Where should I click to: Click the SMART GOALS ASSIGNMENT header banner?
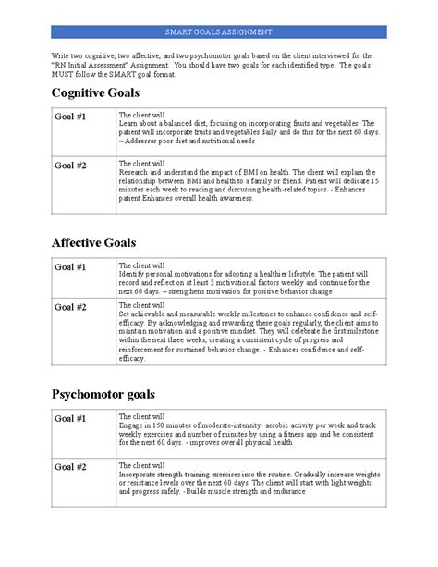pos(218,31)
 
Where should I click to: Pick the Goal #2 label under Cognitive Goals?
pos(69,166)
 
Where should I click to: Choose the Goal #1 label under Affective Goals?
pos(69,267)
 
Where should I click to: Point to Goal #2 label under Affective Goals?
pos(69,306)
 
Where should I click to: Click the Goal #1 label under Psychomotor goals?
pos(69,418)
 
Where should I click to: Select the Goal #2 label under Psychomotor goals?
pos(69,468)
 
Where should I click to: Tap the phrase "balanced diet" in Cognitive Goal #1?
pos(178,122)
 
